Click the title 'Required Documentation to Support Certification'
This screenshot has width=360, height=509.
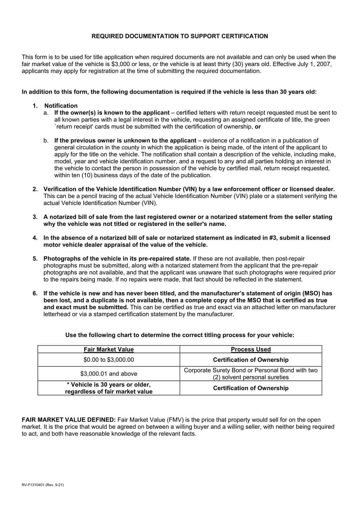pos(180,36)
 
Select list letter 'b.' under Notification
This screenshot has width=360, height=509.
pos(46,140)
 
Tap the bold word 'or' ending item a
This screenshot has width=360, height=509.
pos(258,127)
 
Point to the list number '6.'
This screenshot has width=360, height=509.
pos(35,293)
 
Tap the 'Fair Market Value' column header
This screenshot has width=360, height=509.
pos(108,349)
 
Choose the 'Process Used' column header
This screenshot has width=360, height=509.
pos(251,349)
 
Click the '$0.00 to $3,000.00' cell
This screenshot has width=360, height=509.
pos(108,360)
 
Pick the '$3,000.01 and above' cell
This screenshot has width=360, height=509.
pos(108,374)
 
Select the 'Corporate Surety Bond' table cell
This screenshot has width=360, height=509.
pos(251,374)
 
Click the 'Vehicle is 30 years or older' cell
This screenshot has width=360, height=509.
pos(108,388)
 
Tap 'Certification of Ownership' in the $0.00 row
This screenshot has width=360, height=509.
pos(251,360)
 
